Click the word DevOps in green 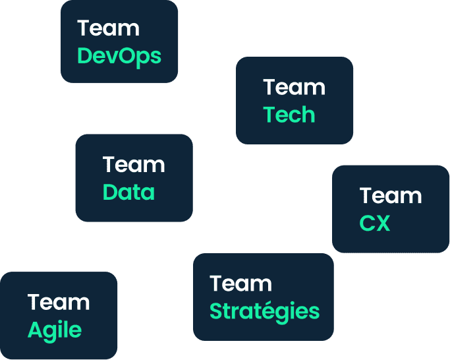pyautogui.click(x=119, y=56)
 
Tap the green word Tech pyautogui.click(x=289, y=115)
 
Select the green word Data pyautogui.click(x=128, y=192)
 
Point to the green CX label pyautogui.click(x=375, y=224)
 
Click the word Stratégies pyautogui.click(x=264, y=311)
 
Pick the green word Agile pyautogui.click(x=55, y=329)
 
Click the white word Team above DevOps pyautogui.click(x=108, y=28)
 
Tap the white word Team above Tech pyautogui.click(x=294, y=87)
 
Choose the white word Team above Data pyautogui.click(x=134, y=164)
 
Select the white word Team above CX pyautogui.click(x=391, y=196)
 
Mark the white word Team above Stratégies pyautogui.click(x=240, y=284)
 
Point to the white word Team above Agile pyautogui.click(x=59, y=302)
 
